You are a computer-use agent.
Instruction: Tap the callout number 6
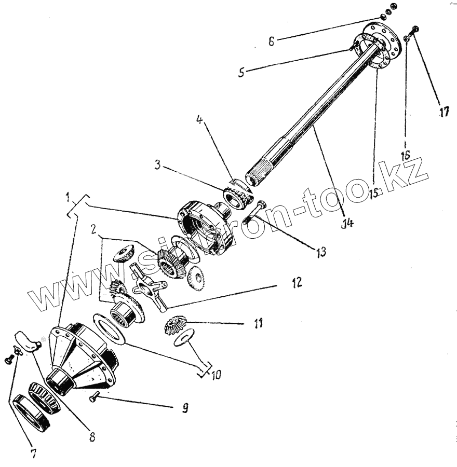click(x=271, y=41)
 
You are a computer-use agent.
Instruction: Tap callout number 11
click(x=258, y=324)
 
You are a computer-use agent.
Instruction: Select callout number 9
click(x=184, y=408)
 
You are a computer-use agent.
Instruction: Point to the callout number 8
click(x=92, y=436)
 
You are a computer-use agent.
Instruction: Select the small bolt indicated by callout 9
click(x=94, y=397)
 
